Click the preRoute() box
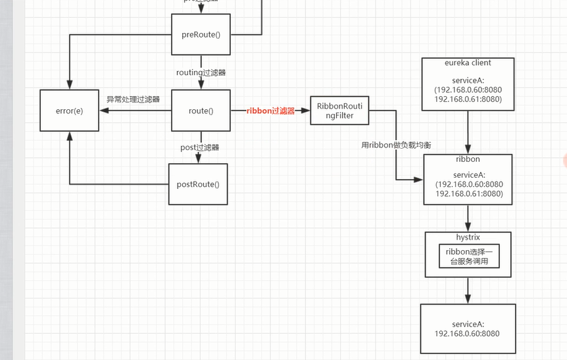pos(201,34)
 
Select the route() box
pos(201,111)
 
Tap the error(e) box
pos(69,111)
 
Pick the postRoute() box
pos(197,184)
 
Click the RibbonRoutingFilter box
pos(339,111)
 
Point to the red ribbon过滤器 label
pos(270,111)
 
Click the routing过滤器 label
pos(201,72)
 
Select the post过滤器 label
pos(199,147)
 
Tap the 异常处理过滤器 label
pos(133,99)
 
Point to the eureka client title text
pos(468,63)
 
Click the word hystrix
pos(468,236)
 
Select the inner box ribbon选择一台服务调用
pos(468,256)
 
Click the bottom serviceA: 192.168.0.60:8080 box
pos(468,329)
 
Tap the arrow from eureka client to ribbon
pos(468,132)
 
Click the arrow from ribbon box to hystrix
pos(468,218)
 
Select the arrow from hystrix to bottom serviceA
pos(468,290)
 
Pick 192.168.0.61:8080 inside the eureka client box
pos(468,99)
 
